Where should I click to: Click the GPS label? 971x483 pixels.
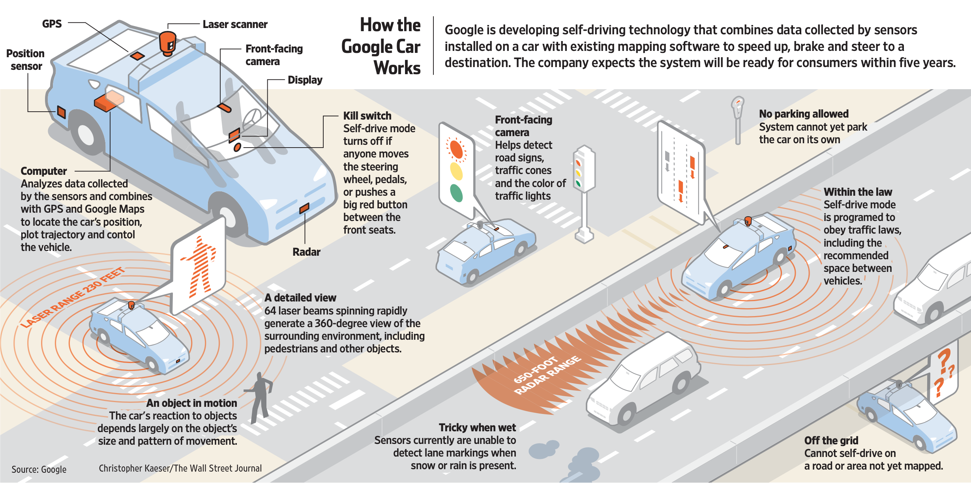pos(52,24)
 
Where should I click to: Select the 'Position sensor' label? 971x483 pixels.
pos(25,60)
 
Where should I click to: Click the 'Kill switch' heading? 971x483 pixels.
pos(367,116)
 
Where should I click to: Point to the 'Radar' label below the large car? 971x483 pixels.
pos(306,252)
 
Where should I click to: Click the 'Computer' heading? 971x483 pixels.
pos(44,171)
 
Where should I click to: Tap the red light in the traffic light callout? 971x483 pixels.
pos(456,149)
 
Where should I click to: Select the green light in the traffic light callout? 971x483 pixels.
pos(456,193)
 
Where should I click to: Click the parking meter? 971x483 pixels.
pos(737,118)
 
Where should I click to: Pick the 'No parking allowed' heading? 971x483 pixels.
pos(804,114)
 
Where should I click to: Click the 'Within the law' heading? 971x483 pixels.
pos(858,192)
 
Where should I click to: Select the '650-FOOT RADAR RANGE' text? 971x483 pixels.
pos(547,375)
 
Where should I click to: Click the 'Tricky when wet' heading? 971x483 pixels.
pos(477,427)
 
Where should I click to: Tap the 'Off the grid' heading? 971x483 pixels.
pos(831,440)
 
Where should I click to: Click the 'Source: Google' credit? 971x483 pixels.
pos(39,469)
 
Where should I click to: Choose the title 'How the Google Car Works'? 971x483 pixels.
pos(381,46)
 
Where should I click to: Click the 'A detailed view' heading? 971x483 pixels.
pos(300,298)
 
